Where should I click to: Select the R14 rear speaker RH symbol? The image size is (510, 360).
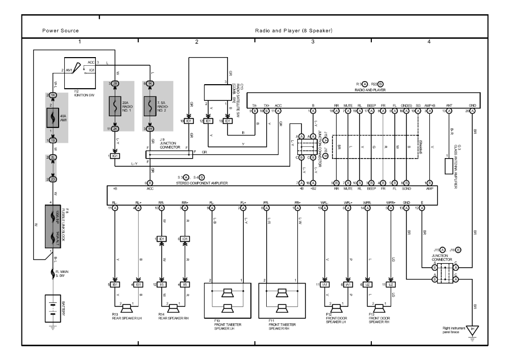[x=173, y=308]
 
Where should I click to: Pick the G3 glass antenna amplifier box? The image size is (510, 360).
[x=448, y=166]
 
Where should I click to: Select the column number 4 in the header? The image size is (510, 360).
[x=428, y=40]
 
